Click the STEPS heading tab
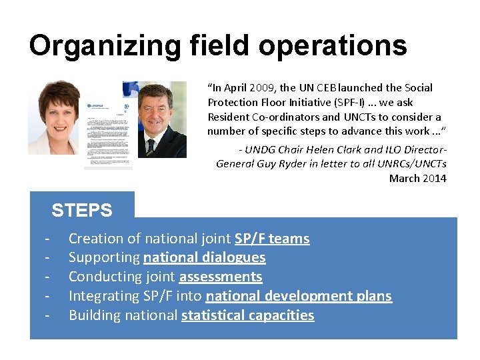(x=82, y=211)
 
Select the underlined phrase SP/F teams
(x=272, y=239)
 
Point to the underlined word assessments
(x=221, y=277)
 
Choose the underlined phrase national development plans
(x=299, y=296)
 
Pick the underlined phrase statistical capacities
(x=247, y=315)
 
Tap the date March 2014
(x=418, y=178)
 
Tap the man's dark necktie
(x=151, y=147)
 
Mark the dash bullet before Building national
(x=47, y=315)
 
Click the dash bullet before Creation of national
(x=47, y=239)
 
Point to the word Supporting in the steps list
(x=103, y=258)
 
